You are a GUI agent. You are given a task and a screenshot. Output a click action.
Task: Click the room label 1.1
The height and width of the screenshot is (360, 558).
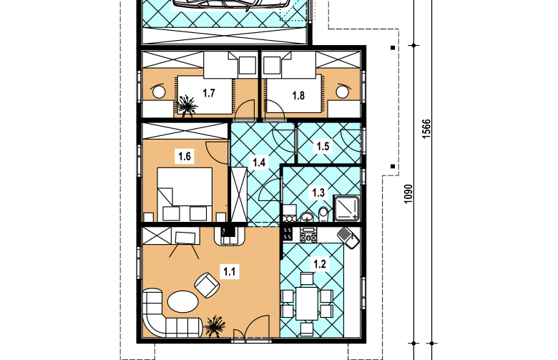(x=229, y=272)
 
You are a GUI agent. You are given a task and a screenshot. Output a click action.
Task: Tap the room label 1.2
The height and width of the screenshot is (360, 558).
(x=319, y=264)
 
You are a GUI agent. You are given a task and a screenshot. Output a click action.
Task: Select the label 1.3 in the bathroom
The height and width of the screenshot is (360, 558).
(x=318, y=193)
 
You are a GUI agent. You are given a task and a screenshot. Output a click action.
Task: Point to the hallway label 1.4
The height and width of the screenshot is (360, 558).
(x=259, y=162)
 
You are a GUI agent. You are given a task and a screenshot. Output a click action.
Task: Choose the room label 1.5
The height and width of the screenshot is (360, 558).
(x=323, y=146)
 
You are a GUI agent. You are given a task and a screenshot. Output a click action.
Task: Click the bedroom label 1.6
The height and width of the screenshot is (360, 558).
(x=185, y=156)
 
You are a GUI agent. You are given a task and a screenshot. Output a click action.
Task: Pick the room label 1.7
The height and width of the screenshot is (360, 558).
(x=209, y=93)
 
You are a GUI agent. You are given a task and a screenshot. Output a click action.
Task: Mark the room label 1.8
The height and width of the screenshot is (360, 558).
(x=298, y=95)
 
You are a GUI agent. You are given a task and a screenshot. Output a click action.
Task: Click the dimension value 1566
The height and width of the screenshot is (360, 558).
(x=426, y=129)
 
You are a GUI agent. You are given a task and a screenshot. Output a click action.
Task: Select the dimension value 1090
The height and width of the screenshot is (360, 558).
(x=408, y=194)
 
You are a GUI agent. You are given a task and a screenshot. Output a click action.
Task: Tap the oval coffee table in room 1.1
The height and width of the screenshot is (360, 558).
(x=183, y=301)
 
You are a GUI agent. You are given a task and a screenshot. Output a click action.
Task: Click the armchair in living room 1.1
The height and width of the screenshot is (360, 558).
(x=207, y=285)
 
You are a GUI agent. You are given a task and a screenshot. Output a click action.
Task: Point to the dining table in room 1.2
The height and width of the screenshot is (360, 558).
(x=307, y=303)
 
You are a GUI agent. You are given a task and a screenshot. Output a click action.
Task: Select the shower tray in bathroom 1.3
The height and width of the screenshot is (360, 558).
(x=346, y=208)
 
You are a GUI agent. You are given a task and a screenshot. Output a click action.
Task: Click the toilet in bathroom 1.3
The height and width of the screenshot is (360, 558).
(x=323, y=215)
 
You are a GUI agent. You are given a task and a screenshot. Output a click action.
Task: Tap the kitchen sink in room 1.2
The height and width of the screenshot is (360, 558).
(x=348, y=238)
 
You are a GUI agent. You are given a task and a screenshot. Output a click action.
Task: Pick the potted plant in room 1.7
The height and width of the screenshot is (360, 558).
(x=187, y=105)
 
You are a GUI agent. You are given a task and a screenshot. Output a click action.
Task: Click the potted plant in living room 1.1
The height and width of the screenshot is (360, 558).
(x=215, y=326)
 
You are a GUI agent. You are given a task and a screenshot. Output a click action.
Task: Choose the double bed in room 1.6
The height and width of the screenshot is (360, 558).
(x=185, y=195)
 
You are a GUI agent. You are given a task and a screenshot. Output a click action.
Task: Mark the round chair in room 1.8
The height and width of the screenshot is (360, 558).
(x=343, y=91)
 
